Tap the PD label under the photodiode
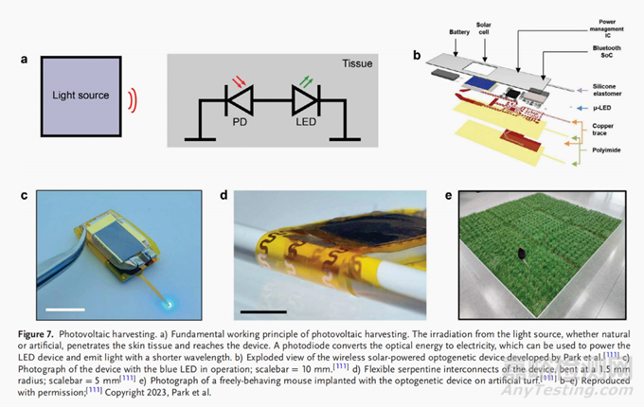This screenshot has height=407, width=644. pos(228,122)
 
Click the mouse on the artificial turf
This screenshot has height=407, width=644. pos(524,254)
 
